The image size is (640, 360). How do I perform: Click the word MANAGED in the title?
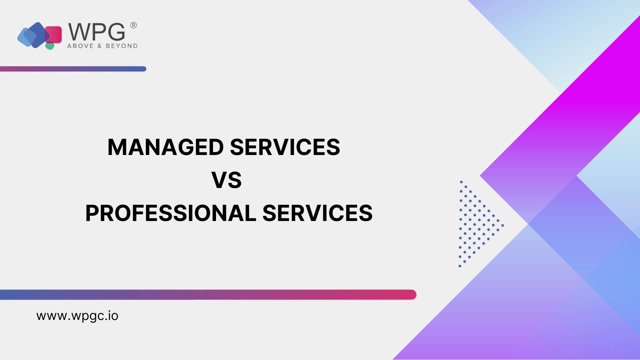(x=166, y=147)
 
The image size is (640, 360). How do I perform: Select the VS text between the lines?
(x=227, y=180)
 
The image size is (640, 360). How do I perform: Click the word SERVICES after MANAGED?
(x=285, y=147)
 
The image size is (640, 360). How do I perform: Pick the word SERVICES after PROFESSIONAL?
(x=318, y=213)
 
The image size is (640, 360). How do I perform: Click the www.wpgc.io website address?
(x=77, y=316)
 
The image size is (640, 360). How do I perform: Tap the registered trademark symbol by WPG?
(x=133, y=25)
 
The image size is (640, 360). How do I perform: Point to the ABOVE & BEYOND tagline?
(x=102, y=46)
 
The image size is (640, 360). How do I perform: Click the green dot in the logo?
(x=50, y=46)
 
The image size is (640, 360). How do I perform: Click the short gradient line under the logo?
(x=73, y=69)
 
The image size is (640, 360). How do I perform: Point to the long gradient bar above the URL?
(x=208, y=295)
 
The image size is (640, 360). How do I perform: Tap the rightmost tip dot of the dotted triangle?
(x=503, y=225)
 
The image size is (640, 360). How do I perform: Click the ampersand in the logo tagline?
(x=100, y=46)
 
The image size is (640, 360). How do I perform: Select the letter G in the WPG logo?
(x=116, y=32)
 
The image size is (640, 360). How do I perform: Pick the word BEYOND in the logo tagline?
(x=122, y=46)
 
